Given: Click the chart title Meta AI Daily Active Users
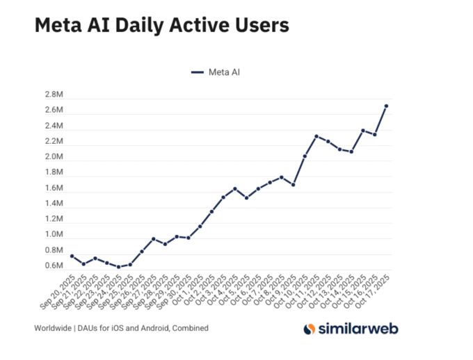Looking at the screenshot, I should [x=161, y=26].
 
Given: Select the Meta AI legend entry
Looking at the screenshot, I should [x=216, y=72].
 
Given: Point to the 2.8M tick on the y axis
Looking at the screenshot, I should [x=55, y=95].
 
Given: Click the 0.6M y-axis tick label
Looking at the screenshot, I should [x=55, y=266].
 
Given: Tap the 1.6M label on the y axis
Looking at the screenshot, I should [x=55, y=188].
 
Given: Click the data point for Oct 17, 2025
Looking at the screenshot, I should [x=387, y=106].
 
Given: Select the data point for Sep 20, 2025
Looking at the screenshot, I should [x=72, y=256].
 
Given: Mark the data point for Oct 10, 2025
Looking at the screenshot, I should [x=305, y=156].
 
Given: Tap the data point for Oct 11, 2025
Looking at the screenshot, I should [x=316, y=136].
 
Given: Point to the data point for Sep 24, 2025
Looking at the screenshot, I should [x=118, y=267].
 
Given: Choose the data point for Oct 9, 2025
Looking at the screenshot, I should [x=294, y=185].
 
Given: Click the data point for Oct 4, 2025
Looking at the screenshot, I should [x=235, y=188].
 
